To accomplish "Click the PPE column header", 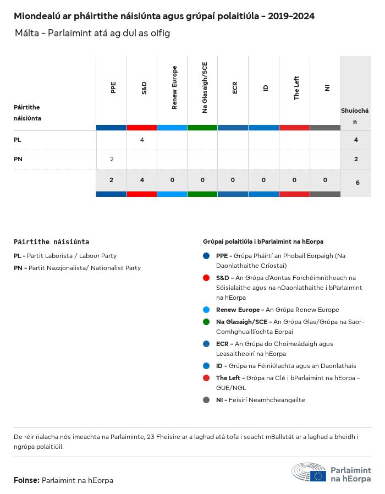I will [x=113, y=87].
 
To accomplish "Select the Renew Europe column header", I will [x=174, y=87].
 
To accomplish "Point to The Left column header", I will [x=296, y=87].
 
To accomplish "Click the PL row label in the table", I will [x=18, y=140].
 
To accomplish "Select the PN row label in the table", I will [x=18, y=159].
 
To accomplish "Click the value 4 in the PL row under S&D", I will [x=142, y=140].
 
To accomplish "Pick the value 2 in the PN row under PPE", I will [x=112, y=159].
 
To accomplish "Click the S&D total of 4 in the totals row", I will [x=142, y=180].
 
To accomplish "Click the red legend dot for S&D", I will [x=206, y=278].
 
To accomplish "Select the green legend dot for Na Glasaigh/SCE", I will [x=206, y=322].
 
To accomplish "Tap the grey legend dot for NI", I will [x=206, y=400].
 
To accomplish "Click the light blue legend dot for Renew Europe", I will [x=206, y=310].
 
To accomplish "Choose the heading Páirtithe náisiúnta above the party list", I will [x=51, y=241].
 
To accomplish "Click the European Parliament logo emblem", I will [x=309, y=473].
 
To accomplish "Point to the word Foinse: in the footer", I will [x=26, y=480].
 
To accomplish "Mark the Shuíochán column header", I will [x=355, y=116].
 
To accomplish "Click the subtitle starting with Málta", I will [x=93, y=33].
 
